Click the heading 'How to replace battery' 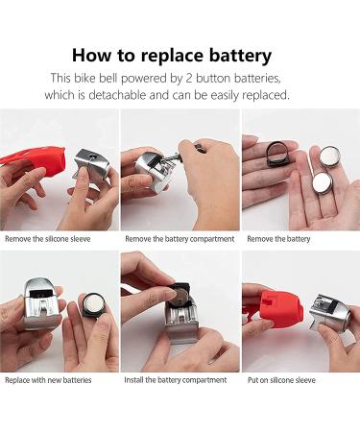172,56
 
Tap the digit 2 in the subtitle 189,78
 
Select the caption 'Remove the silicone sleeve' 48,239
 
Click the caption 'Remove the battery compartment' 180,239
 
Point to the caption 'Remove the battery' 278,239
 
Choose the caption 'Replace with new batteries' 48,380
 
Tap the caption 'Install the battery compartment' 176,380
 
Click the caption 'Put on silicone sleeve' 281,380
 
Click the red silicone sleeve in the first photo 38,159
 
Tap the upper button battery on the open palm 329,156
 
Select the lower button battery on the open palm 323,183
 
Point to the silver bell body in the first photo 92,166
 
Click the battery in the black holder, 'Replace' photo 93,303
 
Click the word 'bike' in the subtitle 84,78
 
